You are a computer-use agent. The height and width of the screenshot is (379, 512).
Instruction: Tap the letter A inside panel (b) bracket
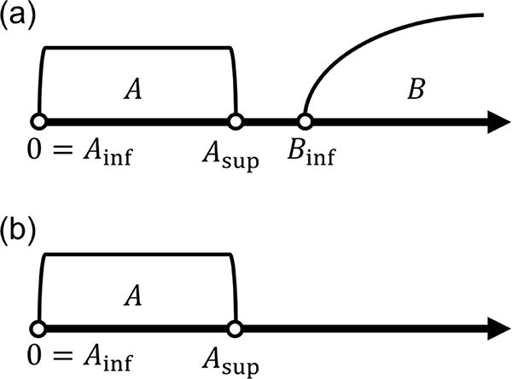pos(132,295)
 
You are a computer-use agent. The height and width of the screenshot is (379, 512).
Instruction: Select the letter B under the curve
pos(416,89)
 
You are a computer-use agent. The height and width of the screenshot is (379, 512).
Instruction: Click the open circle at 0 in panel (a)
pos(38,121)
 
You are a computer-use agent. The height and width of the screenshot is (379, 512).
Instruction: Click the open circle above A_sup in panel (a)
pos(236,121)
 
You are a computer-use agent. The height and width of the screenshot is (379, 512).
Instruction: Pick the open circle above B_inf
pos(303,121)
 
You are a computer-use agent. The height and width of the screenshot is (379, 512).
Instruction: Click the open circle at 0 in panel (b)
pos(38,329)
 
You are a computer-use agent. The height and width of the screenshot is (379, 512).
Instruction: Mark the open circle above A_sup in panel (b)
pos(236,329)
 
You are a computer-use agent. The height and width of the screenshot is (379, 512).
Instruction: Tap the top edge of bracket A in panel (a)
pos(137,48)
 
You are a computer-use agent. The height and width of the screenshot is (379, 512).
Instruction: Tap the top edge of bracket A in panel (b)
pos(137,254)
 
